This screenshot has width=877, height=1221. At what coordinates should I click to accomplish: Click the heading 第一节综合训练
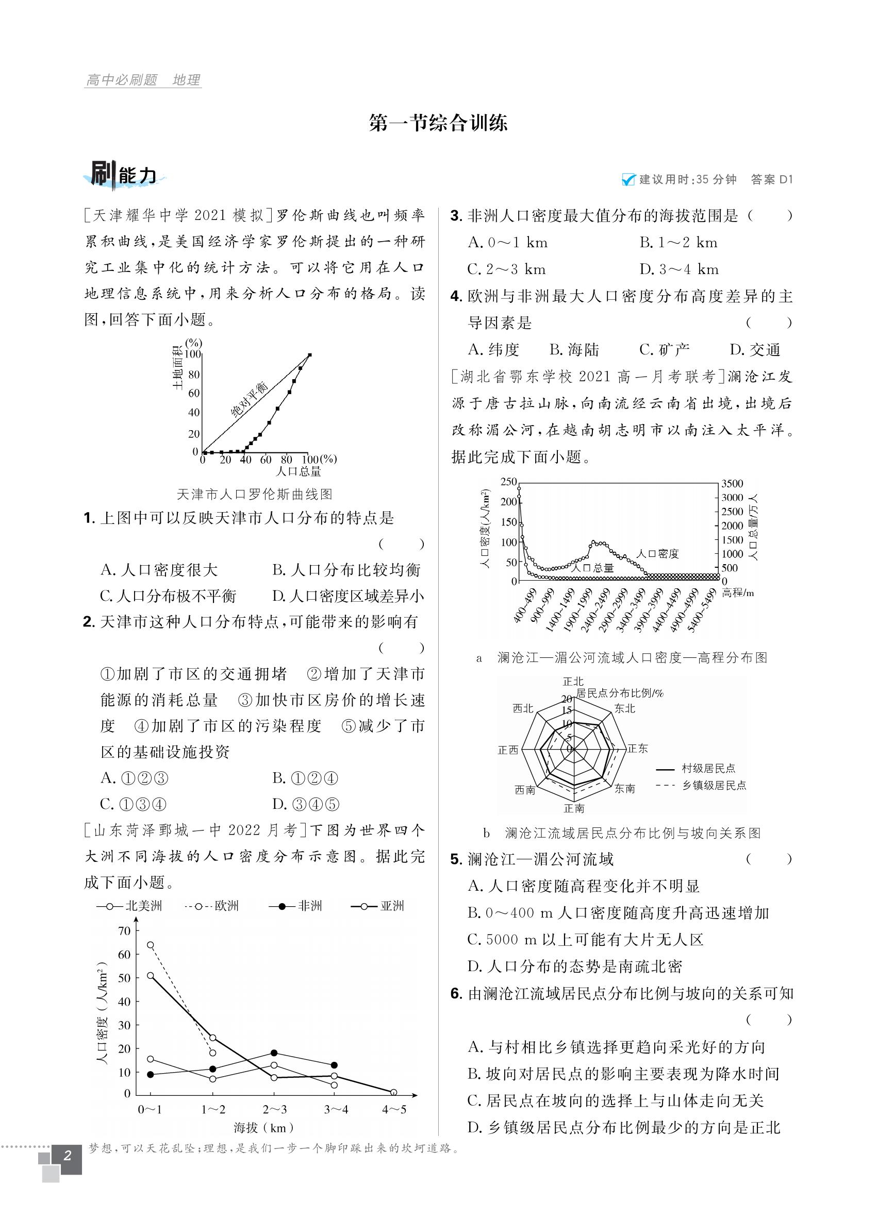pos(438,124)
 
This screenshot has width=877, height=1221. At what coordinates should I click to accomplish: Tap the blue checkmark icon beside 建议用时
pos(628,180)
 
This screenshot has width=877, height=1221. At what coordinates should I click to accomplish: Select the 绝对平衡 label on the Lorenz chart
pos(249,400)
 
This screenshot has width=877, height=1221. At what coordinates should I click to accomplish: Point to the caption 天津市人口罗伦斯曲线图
pos(254,494)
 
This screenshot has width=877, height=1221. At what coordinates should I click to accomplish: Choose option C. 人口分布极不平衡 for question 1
pos(168,596)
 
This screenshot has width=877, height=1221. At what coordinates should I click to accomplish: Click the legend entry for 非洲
pos(296,906)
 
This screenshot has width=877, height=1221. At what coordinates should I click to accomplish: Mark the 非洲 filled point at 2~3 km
pos(274,1053)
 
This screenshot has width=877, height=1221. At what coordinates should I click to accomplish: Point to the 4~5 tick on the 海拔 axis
pos(394,1109)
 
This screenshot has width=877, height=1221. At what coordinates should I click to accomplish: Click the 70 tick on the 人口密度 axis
pos(124,931)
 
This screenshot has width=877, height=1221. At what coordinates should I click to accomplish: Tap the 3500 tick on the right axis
pos(732,483)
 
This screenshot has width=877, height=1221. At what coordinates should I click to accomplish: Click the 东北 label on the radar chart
pos(624,708)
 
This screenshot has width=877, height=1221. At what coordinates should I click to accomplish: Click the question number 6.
pos(456,994)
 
